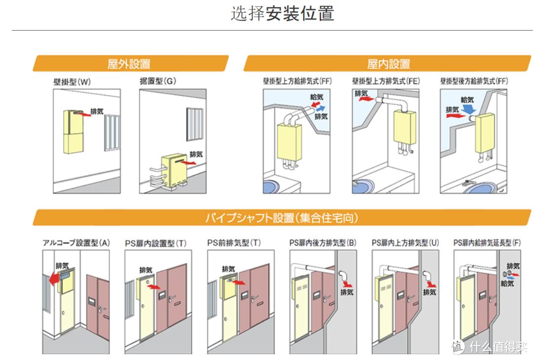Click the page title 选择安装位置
(282, 13)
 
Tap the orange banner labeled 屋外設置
(129, 64)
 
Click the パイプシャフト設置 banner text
(282, 217)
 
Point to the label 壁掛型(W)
(72, 82)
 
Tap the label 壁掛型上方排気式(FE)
(386, 81)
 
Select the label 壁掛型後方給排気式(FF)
(474, 81)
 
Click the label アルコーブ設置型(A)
(76, 243)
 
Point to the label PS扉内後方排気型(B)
(322, 243)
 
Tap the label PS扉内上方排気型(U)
(405, 243)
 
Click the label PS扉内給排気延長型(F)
(487, 243)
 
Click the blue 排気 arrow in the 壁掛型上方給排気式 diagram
(320, 108)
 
